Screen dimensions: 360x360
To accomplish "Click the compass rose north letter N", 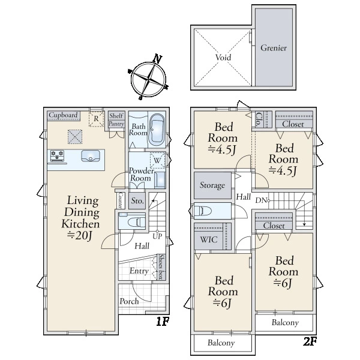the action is point(157,59).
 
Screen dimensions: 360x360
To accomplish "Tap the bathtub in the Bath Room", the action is point(157,130).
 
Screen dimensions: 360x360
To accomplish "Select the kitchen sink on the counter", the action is point(91,155).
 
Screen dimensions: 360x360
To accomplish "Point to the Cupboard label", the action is point(63,115).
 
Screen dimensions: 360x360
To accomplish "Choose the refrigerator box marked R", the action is point(96,119).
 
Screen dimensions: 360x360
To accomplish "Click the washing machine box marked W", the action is point(157,160).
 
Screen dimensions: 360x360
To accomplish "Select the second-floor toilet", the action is point(203,211).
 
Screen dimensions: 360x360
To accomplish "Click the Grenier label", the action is point(274,48).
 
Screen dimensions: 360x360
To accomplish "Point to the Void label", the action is point(223,57).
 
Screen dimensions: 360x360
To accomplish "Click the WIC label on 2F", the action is point(209,239).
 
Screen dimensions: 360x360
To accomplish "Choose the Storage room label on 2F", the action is point(212,185).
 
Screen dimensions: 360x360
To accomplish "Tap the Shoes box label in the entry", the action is point(161,267).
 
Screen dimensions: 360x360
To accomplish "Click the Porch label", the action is point(129,301).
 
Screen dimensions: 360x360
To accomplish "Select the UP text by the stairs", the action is point(157,236).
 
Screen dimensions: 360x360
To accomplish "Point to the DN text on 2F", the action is point(261,200).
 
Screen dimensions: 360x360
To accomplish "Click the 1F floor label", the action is point(163,321).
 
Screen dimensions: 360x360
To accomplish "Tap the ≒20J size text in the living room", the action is point(80,236).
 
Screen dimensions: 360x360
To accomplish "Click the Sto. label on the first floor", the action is point(137,201).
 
